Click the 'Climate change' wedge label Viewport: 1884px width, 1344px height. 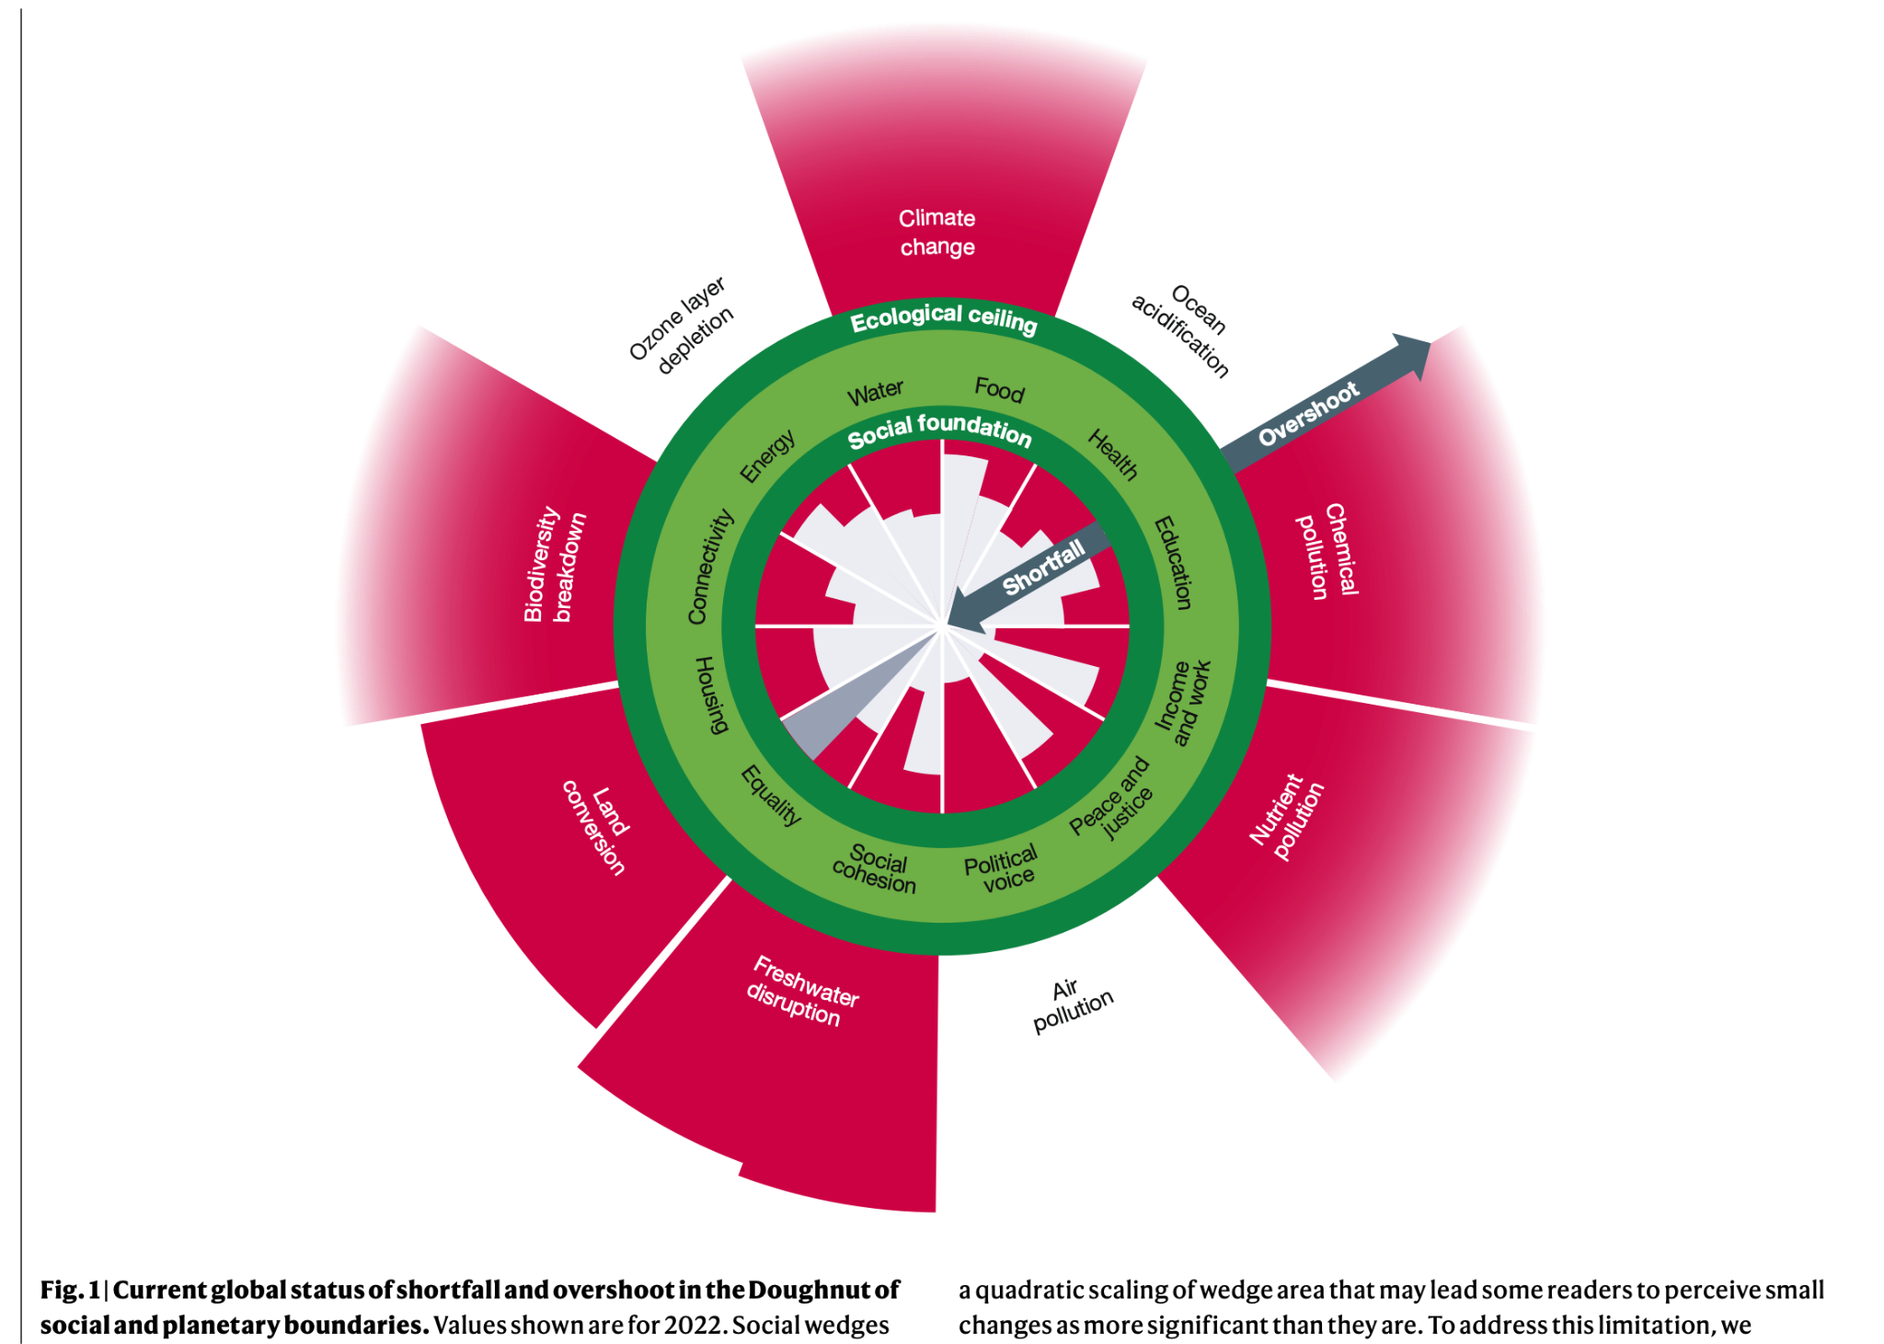coord(936,232)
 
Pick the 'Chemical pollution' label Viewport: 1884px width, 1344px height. coord(1327,550)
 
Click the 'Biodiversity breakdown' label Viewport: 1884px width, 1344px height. coord(554,564)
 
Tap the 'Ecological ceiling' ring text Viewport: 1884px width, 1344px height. coord(943,319)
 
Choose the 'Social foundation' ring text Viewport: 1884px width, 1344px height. coord(939,430)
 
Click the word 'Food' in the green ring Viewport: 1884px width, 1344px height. coord(999,390)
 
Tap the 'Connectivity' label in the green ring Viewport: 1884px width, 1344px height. coord(710,566)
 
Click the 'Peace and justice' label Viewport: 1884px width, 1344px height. coord(1112,798)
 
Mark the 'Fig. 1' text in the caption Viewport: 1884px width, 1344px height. coord(69,1290)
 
